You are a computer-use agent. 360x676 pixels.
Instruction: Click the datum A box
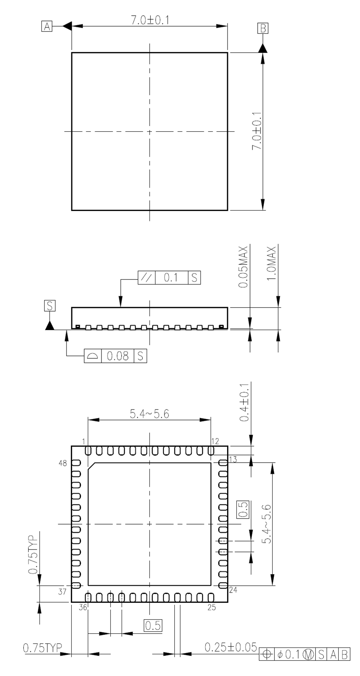pos(47,27)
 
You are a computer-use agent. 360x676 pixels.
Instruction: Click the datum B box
pos(263,28)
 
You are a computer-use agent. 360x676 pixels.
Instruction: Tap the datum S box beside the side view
pos(50,306)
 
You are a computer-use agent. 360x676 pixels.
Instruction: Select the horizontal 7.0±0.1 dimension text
pos(150,20)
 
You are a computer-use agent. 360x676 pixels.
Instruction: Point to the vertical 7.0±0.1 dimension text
pos(257,131)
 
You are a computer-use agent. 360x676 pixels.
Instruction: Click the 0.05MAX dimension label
pos(243,267)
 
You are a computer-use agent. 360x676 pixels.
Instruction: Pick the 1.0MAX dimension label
pos(271,263)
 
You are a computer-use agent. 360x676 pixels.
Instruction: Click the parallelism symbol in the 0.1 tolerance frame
pos(147,278)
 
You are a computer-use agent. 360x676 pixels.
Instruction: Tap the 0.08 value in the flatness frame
pos(118,356)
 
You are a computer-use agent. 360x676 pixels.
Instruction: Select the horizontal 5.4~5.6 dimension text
pos(150,414)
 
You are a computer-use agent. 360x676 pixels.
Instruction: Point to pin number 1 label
pos(84,442)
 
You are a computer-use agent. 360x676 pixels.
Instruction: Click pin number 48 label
pos(63,463)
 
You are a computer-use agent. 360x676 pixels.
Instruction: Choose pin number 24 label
pos(233,590)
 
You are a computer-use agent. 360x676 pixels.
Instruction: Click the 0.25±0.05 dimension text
pos(231,647)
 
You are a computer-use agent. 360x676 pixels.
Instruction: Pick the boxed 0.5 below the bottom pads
pos(153,626)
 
